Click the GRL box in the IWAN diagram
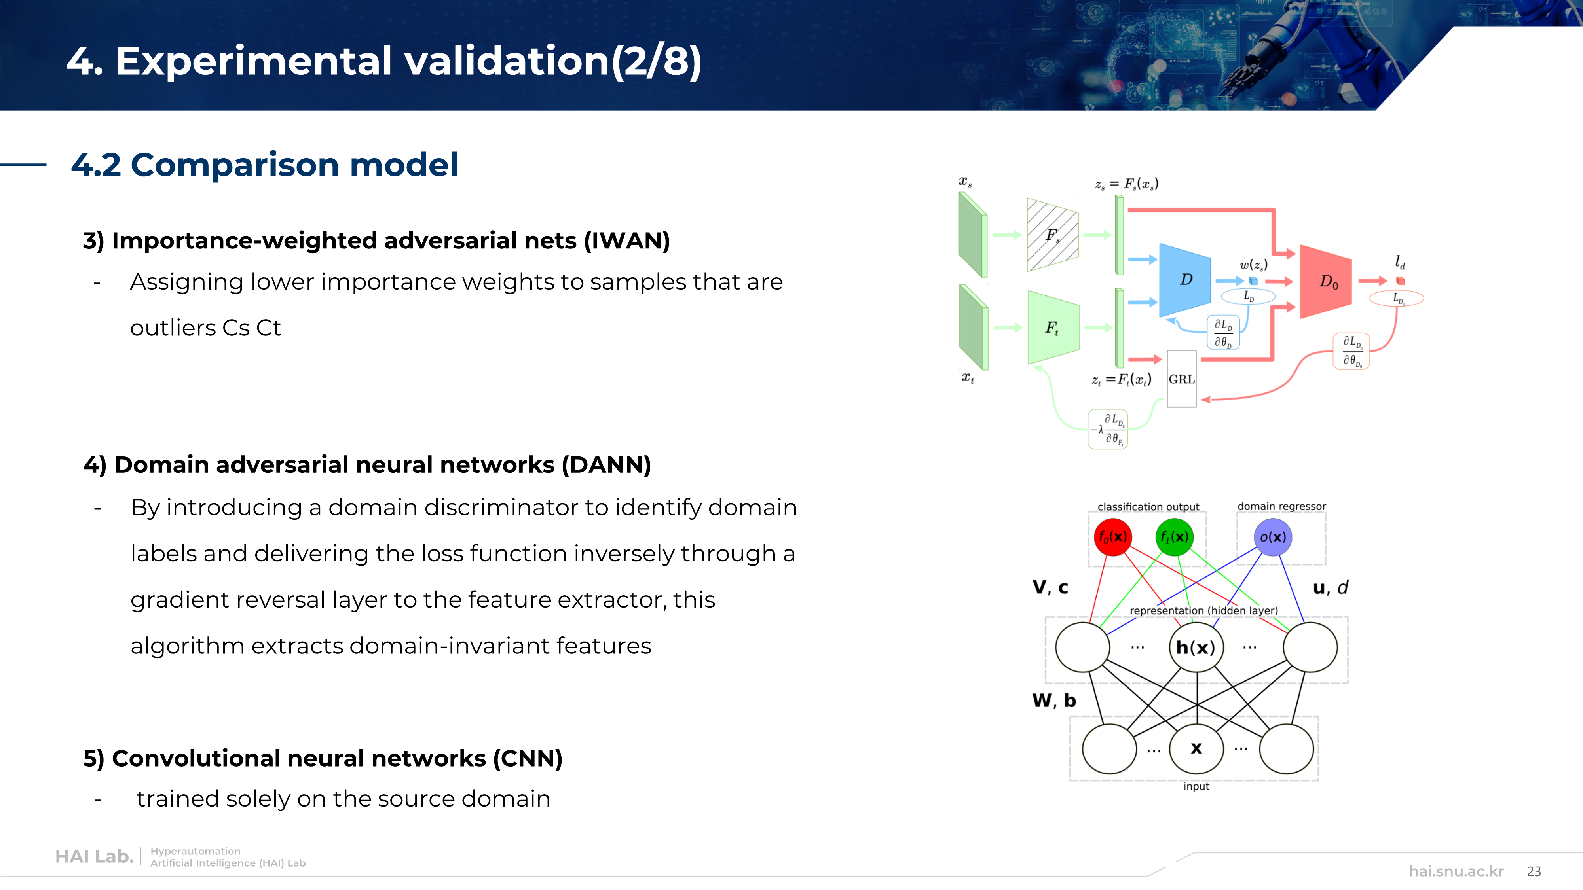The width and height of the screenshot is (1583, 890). [1181, 379]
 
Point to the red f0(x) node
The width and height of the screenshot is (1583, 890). [1112, 537]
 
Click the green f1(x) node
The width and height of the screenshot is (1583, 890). [1174, 537]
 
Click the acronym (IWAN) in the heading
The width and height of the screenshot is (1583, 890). [627, 241]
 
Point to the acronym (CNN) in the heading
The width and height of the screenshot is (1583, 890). [527, 759]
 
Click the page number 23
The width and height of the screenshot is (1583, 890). [1534, 871]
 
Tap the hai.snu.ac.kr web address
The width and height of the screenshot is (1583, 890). [1456, 871]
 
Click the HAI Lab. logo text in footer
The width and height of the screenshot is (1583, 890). [94, 856]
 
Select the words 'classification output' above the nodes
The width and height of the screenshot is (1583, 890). [1148, 507]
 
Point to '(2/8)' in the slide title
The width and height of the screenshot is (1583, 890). [656, 61]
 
